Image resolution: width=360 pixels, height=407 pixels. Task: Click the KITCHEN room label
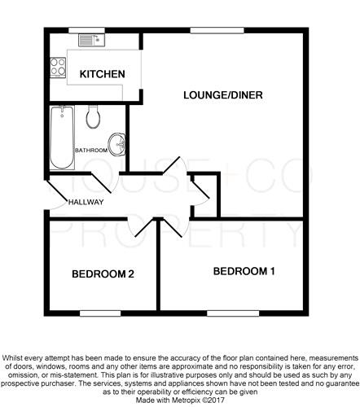pyautogui.click(x=103, y=74)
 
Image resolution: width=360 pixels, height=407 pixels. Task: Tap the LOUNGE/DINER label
pyautogui.click(x=223, y=95)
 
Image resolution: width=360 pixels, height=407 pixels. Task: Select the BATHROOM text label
pyautogui.click(x=91, y=151)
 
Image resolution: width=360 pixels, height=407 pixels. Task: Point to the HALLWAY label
pyautogui.click(x=86, y=202)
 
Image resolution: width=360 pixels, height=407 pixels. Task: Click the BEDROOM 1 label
pyautogui.click(x=244, y=271)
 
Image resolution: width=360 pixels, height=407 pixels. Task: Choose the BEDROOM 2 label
pyautogui.click(x=103, y=274)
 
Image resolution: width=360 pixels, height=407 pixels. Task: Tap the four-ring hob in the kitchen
pyautogui.click(x=58, y=68)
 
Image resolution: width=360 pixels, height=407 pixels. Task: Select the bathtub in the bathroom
pyautogui.click(x=62, y=138)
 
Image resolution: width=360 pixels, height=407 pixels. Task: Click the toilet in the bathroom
pyautogui.click(x=93, y=116)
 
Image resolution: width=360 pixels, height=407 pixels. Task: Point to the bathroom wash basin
pyautogui.click(x=116, y=145)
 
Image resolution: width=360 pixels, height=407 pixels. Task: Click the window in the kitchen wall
pyautogui.click(x=86, y=30)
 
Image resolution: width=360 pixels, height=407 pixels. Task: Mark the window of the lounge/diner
pyautogui.click(x=217, y=30)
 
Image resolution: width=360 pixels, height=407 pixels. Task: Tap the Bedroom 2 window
pyautogui.click(x=100, y=313)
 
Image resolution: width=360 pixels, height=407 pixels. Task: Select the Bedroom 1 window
pyautogui.click(x=233, y=313)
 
